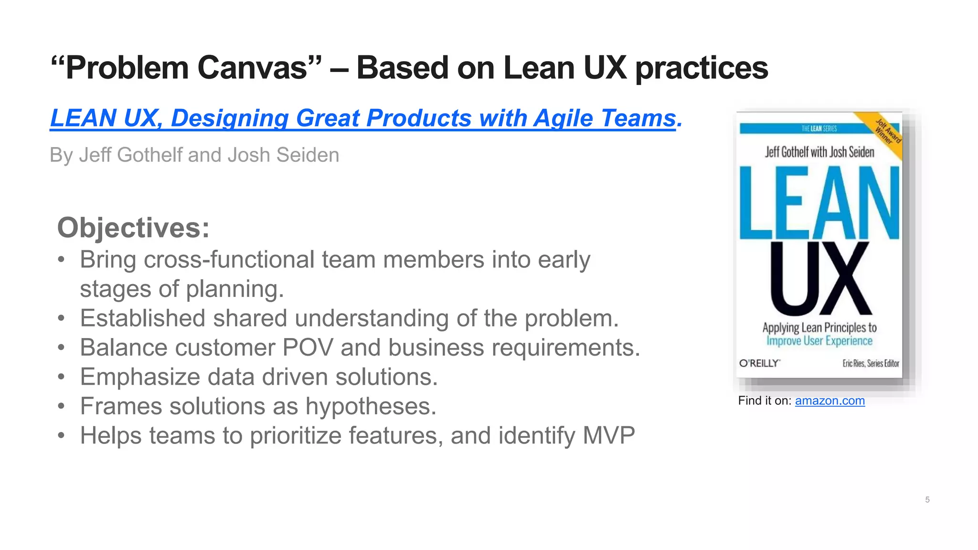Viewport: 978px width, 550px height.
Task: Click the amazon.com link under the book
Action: [829, 401]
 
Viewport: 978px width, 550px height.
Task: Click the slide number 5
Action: [927, 500]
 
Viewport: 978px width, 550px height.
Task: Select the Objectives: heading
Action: [133, 228]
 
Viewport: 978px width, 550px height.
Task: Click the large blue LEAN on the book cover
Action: [819, 203]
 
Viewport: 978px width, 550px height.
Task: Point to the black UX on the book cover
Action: [820, 278]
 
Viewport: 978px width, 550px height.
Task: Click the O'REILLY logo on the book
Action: [759, 363]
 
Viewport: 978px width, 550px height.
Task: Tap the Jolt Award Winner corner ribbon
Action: [888, 131]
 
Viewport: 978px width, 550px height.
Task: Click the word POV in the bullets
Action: [308, 348]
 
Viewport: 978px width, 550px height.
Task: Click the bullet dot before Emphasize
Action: [61, 377]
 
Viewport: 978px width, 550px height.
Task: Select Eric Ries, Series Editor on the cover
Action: [871, 363]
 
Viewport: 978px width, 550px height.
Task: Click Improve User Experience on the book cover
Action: [819, 341]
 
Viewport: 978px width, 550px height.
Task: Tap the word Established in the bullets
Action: [142, 318]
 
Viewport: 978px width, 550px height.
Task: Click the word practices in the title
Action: [702, 68]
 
